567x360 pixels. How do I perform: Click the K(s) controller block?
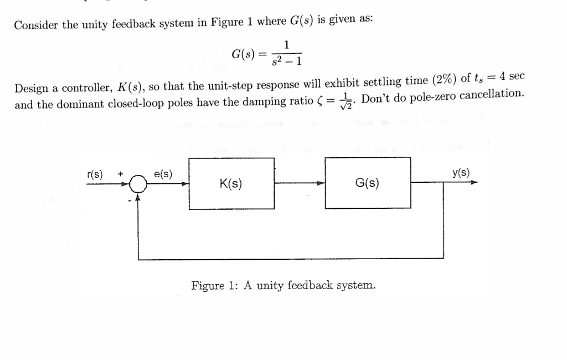231,183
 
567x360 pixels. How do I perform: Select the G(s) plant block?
368,183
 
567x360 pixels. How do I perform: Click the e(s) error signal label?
163,173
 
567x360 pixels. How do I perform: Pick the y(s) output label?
461,172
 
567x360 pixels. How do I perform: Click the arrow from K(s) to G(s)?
299,183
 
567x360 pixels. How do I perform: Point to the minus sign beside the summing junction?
131,200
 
